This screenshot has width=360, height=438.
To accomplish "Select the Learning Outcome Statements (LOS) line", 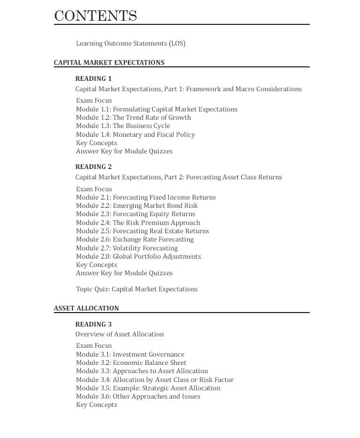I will point(131,44).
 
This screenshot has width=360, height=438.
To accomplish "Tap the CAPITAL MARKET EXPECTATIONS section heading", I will point(109,63).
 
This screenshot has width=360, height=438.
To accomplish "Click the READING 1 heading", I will point(93,79).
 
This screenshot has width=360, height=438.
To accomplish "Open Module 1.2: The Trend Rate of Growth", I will point(133,118).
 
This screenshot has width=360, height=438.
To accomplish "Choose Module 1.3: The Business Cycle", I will point(123,126).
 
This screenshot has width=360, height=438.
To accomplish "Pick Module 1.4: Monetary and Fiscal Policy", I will point(135,135).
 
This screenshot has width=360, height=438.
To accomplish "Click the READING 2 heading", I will point(93,167).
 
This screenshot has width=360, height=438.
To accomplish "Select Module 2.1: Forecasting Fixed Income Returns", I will point(146,197).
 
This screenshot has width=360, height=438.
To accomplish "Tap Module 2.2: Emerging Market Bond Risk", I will point(137,206).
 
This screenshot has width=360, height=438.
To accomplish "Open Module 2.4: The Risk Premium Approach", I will point(138,223).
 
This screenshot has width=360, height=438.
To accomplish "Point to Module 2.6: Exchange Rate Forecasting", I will point(135,239).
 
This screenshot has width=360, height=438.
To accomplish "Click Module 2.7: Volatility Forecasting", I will point(126,248).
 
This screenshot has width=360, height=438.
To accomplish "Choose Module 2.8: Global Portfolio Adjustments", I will point(138,257).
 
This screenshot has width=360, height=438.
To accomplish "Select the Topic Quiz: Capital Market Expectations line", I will point(137,289).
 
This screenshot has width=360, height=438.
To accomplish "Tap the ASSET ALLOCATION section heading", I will point(87,308).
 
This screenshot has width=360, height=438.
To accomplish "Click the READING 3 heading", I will point(93,324).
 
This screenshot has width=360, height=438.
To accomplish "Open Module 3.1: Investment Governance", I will point(130,355).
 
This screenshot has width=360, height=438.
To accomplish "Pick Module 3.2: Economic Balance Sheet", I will point(131,363).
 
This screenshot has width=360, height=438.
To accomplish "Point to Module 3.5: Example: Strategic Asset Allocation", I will point(148,388).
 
